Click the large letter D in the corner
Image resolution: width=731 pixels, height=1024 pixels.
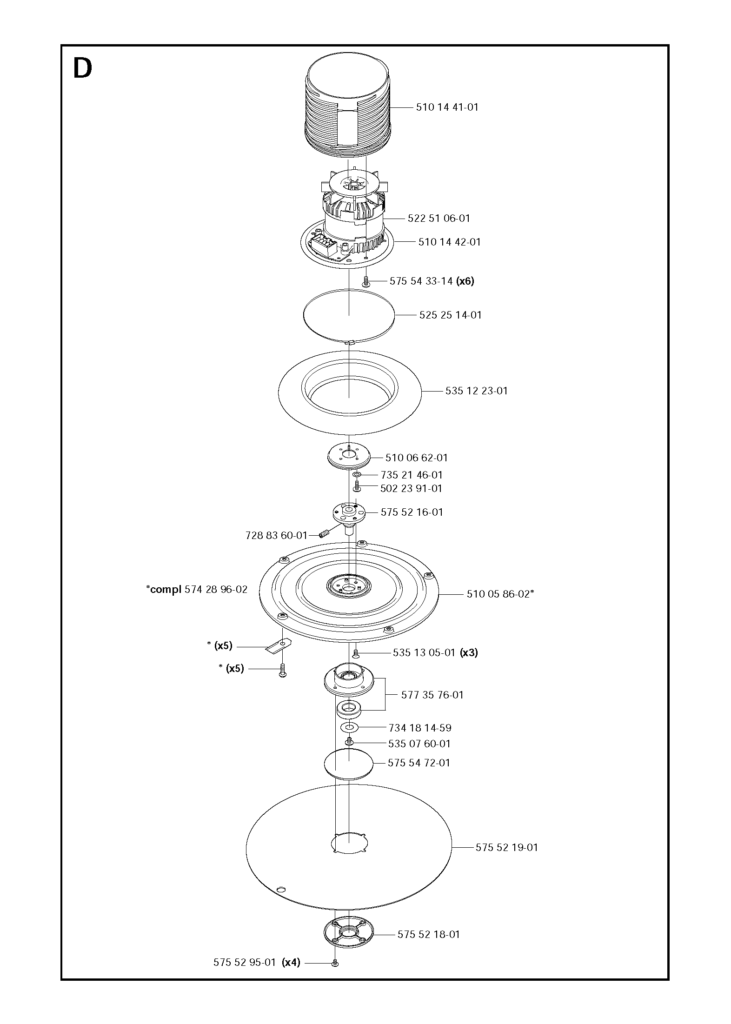[83, 69]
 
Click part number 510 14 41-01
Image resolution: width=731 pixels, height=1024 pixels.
[447, 107]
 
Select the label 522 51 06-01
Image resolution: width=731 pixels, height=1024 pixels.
[439, 218]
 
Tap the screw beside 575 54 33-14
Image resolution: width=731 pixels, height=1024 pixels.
[365, 281]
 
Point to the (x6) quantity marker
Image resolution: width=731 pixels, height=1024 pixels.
[465, 281]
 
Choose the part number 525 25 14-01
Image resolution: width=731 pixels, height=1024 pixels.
[450, 315]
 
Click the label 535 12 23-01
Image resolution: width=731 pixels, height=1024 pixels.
[476, 391]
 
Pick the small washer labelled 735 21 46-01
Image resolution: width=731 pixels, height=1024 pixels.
[357, 475]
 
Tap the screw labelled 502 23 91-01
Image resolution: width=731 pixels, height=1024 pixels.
[357, 487]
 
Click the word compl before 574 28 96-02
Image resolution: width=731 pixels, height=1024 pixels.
[166, 589]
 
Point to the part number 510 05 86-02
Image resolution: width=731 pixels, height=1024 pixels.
[498, 594]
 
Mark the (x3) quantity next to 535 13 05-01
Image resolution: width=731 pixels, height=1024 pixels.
[469, 652]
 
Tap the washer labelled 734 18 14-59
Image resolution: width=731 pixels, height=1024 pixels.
[350, 727]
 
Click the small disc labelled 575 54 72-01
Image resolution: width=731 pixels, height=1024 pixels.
[349, 763]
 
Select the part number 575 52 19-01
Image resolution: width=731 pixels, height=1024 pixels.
[506, 847]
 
